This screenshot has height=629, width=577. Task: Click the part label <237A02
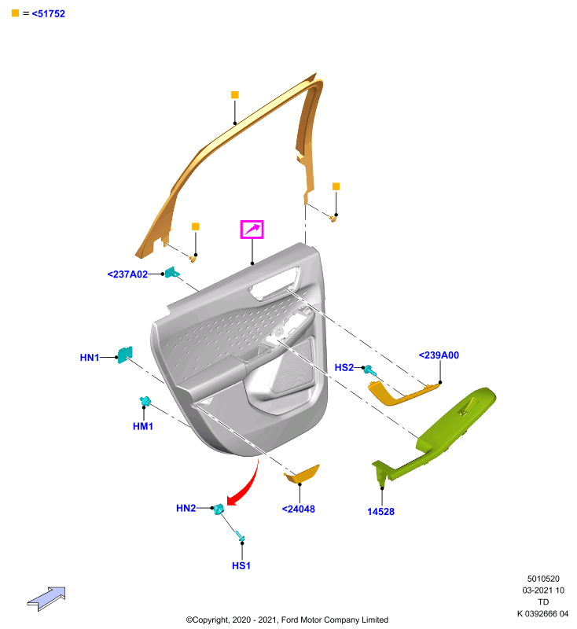(127, 274)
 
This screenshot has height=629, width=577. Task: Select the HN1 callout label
(90, 358)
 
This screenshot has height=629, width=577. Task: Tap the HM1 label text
(143, 426)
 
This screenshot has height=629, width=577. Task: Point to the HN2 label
(186, 508)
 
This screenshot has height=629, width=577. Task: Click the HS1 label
(241, 565)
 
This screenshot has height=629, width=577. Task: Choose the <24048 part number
(298, 509)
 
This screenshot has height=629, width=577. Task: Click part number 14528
(380, 512)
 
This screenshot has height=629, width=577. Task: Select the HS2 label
(344, 367)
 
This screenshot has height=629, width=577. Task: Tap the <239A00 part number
(439, 355)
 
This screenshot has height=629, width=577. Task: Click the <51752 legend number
(48, 13)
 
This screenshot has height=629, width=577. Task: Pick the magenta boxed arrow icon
(252, 230)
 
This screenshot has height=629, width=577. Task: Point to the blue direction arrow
(46, 599)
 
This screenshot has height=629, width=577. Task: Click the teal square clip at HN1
(125, 355)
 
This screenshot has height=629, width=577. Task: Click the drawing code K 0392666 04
(542, 614)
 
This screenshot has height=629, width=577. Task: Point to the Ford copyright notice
(287, 620)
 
